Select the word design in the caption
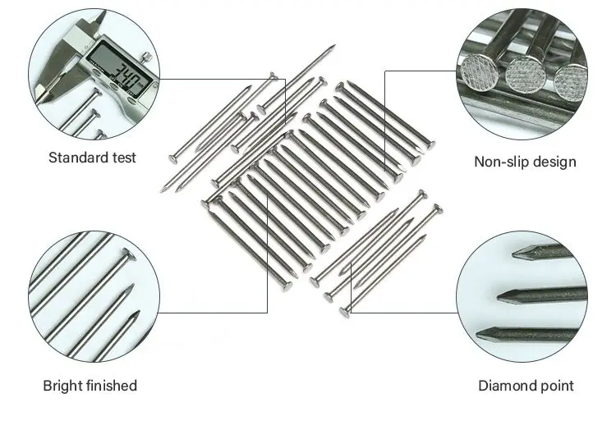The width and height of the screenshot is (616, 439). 554,161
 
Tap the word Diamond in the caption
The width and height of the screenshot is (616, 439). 508,385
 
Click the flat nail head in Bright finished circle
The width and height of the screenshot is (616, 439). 126,254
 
